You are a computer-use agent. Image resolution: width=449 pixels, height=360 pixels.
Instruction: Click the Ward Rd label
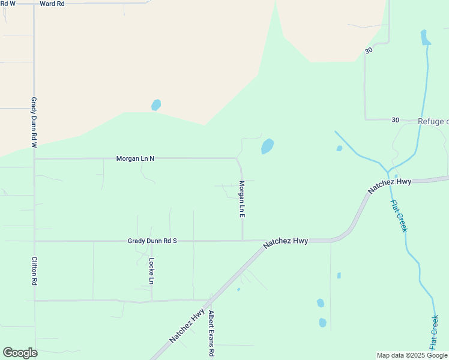(52, 4)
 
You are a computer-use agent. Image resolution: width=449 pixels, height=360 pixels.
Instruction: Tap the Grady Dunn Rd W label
(34, 123)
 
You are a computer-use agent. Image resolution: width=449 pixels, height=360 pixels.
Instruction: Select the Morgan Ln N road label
(135, 158)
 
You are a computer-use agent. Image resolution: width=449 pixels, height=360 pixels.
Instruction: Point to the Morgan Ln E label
(243, 199)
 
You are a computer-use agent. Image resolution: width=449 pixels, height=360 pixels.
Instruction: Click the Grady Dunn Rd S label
(152, 241)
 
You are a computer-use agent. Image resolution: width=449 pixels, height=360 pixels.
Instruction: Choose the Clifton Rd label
(34, 271)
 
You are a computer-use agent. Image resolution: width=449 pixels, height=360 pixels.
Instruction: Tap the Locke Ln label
(152, 271)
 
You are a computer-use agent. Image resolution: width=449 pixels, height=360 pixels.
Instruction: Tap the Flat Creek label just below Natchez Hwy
(399, 216)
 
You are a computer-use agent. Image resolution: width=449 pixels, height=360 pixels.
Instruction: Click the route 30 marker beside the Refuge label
(395, 120)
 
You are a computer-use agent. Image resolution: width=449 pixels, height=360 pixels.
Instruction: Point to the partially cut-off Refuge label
(433, 121)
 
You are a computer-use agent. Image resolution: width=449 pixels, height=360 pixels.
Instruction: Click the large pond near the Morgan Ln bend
(267, 146)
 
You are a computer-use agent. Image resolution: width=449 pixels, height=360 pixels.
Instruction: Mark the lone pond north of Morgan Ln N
(156, 105)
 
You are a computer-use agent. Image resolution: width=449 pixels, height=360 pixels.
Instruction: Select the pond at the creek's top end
(426, 37)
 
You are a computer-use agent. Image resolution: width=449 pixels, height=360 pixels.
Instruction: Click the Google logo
(20, 353)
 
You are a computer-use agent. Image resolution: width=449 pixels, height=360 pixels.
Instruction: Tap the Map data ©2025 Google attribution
(412, 355)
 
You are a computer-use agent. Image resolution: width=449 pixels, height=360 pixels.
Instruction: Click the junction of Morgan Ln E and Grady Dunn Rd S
(243, 241)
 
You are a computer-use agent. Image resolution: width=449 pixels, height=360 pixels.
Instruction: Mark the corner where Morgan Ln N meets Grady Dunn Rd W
(34, 158)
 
